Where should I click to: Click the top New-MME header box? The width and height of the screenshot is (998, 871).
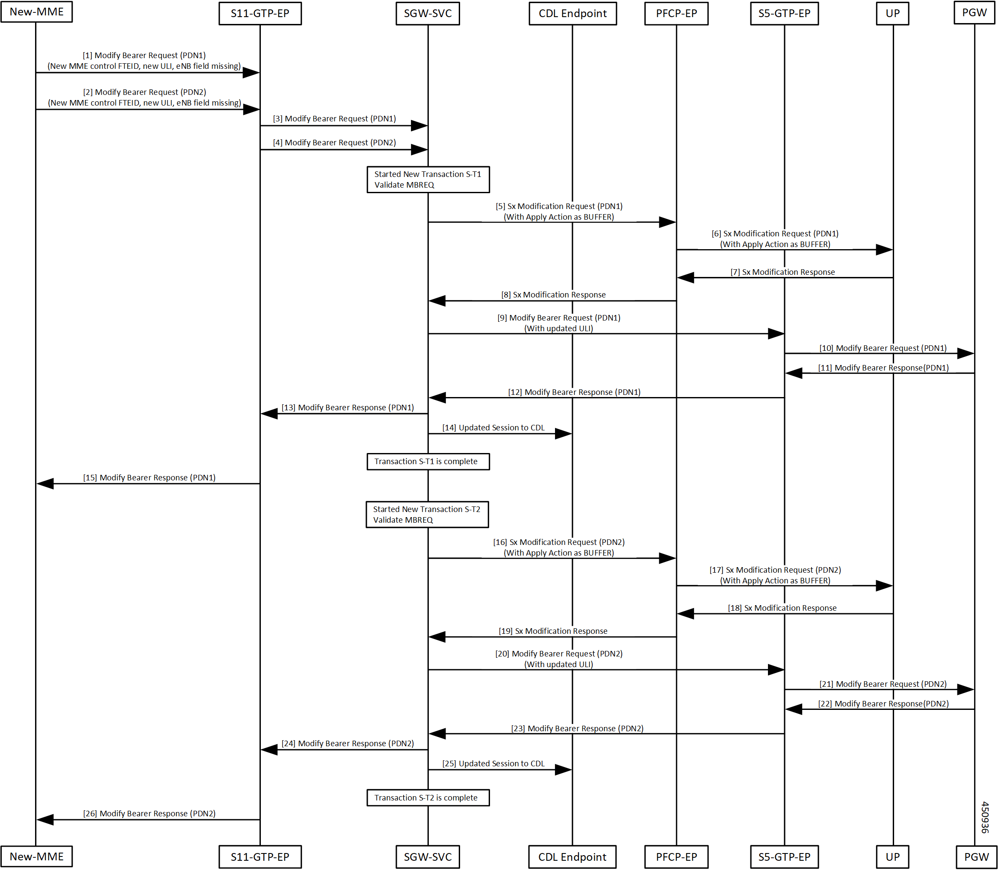click(x=36, y=12)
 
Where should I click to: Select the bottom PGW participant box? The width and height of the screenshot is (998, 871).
click(x=976, y=857)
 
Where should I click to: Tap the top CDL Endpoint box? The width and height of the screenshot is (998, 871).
click(x=573, y=14)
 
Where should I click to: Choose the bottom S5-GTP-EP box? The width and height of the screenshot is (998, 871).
click(x=784, y=857)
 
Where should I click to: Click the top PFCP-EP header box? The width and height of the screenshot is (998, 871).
click(x=676, y=14)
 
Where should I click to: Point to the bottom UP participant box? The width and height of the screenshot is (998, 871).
click(x=892, y=857)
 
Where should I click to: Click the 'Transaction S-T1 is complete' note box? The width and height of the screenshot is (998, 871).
click(x=428, y=462)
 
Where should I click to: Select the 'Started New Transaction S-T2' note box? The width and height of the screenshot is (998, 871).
click(x=427, y=514)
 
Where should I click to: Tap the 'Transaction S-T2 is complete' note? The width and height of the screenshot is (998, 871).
click(x=428, y=797)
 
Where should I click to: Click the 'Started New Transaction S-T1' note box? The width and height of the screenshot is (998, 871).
click(x=428, y=180)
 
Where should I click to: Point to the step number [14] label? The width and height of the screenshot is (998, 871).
click(x=449, y=428)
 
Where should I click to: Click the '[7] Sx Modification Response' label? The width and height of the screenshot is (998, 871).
click(x=782, y=272)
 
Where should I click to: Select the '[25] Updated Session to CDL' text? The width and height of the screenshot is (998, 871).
click(x=493, y=764)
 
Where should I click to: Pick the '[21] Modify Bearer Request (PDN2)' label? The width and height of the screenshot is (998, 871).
click(x=883, y=684)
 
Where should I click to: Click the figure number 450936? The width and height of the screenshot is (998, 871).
click(x=985, y=818)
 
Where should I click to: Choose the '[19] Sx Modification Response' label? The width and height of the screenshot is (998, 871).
click(x=553, y=631)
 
